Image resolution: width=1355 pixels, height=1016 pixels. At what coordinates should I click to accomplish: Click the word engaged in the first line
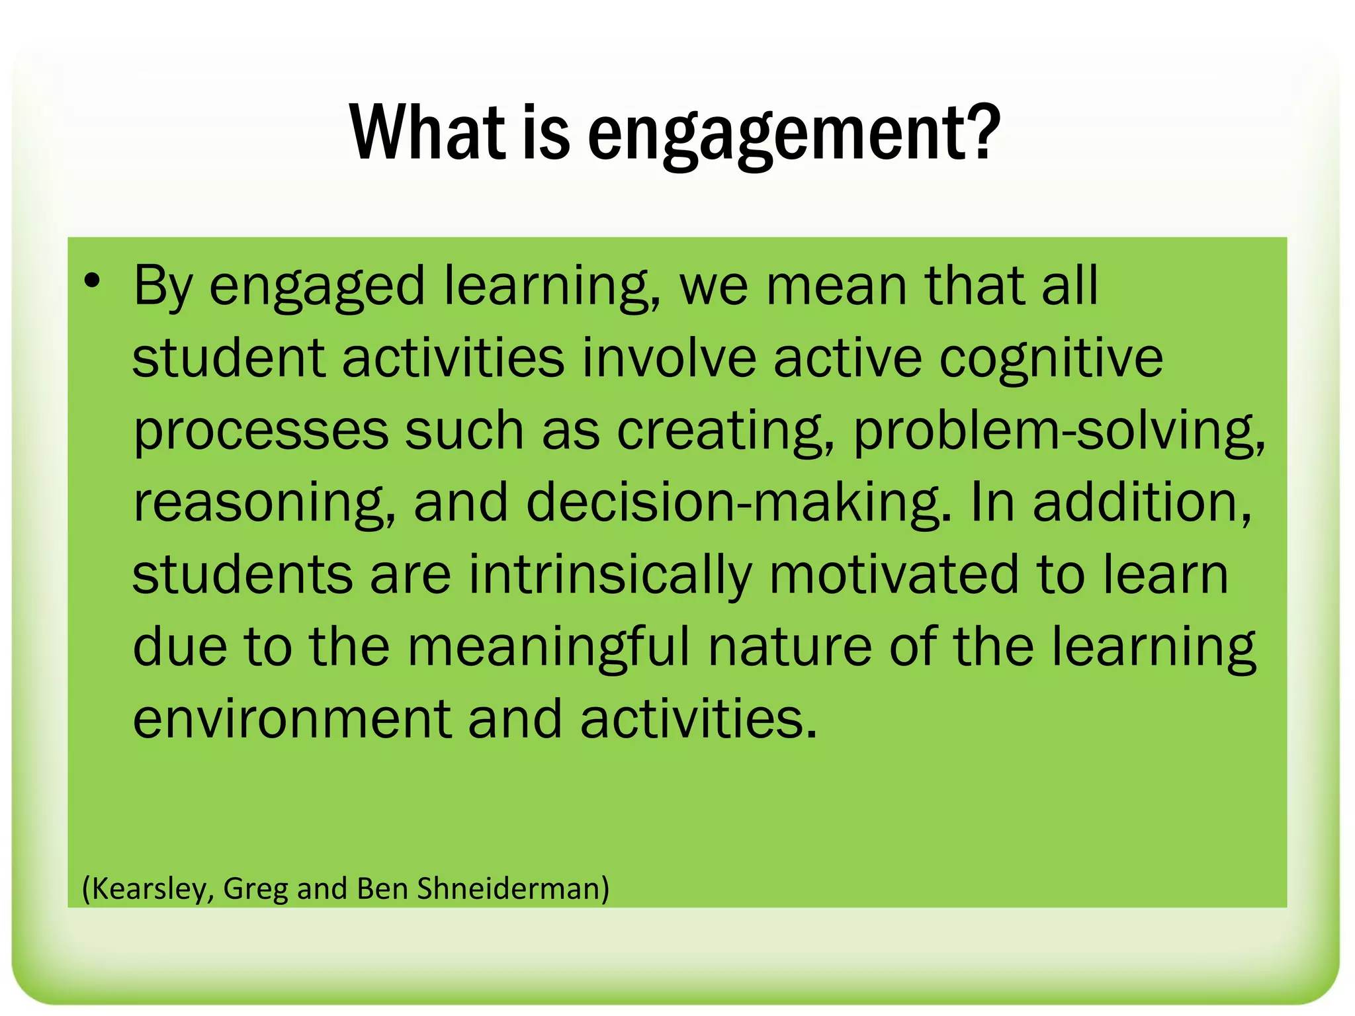tap(317, 286)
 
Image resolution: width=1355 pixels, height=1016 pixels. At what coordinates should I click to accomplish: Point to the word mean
tap(836, 286)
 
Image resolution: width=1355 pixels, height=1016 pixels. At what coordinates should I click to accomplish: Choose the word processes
tap(261, 431)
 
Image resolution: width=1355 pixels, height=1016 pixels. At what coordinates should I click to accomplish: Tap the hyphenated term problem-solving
tap(1059, 431)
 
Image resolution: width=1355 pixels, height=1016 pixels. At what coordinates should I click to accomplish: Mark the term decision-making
tap(738, 503)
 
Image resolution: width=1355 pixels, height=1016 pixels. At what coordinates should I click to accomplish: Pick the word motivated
tap(894, 574)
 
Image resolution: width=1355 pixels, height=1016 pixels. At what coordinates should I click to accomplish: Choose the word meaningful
tap(548, 647)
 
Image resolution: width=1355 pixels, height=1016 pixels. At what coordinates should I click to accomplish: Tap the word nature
tap(789, 647)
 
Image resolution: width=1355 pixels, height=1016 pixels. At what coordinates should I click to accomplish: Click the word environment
tap(292, 719)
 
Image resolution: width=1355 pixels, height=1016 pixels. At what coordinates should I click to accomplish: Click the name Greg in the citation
tap(255, 888)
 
